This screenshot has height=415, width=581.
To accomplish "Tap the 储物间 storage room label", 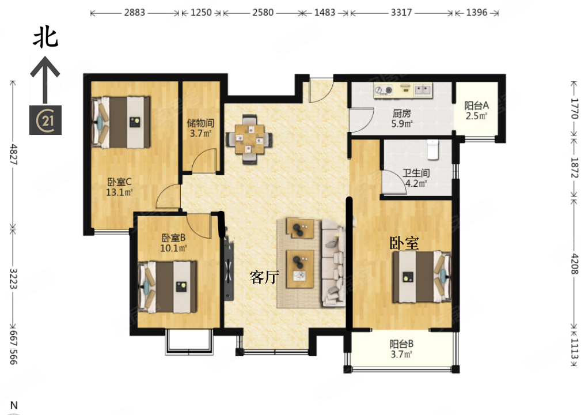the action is (x=200, y=123).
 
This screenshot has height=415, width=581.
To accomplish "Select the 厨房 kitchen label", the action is (x=402, y=114).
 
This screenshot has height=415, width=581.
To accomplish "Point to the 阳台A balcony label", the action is (x=477, y=105).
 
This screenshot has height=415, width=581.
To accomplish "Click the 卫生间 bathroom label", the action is (x=416, y=173).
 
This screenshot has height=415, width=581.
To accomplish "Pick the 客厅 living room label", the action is (x=264, y=277).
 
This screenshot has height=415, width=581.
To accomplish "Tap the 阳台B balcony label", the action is (x=402, y=344).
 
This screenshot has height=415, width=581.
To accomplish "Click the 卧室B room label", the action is (x=173, y=237).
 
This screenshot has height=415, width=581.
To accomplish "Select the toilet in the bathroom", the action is (x=433, y=149).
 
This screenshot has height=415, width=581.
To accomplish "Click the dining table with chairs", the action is (x=249, y=139).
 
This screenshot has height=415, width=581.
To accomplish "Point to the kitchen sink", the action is (x=423, y=89).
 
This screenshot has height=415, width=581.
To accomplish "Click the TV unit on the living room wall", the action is (x=229, y=269).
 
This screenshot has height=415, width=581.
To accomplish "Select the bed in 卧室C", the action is (x=121, y=122).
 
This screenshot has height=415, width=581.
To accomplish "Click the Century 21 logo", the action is (x=45, y=120).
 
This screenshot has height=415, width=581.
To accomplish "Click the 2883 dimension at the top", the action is (x=135, y=13).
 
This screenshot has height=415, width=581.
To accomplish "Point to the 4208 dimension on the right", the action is (x=574, y=264).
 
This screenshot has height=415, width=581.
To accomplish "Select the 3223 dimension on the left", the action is (x=13, y=279).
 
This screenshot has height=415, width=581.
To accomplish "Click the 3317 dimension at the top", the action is (x=401, y=13).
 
